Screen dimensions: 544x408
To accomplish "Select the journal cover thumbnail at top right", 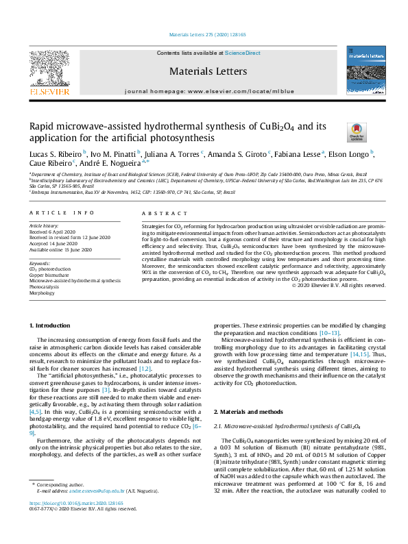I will click(x=363, y=72).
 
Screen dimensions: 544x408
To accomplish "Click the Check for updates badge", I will click(x=357, y=132).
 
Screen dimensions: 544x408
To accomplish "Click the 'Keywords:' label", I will click(x=39, y=263).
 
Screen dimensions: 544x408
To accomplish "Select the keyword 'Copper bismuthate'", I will click(x=49, y=275).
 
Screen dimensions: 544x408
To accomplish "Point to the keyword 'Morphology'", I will click(x=42, y=292).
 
